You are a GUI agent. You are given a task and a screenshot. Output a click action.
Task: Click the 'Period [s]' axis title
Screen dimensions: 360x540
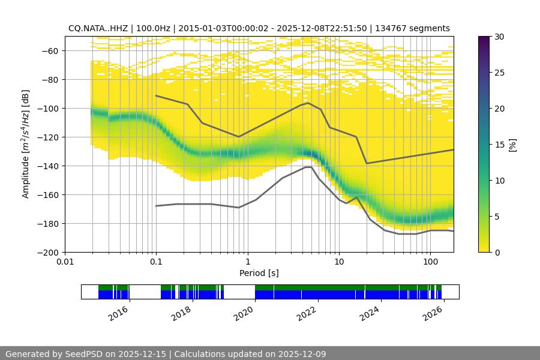[x=259, y=274]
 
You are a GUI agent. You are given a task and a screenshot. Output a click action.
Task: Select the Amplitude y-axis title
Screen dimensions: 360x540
[x=26, y=144]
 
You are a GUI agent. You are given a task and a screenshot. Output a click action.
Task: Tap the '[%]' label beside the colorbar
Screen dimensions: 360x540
[x=513, y=144]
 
